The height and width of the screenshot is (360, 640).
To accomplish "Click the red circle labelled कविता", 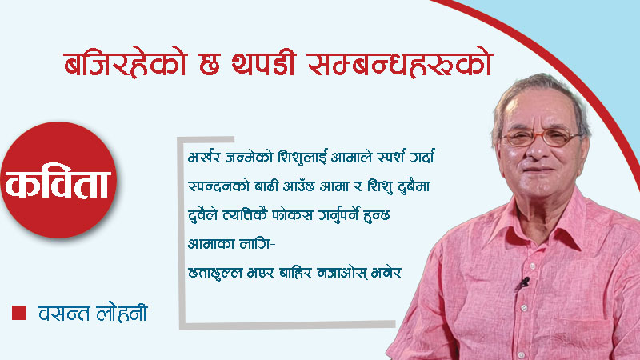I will pos(59,181).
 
